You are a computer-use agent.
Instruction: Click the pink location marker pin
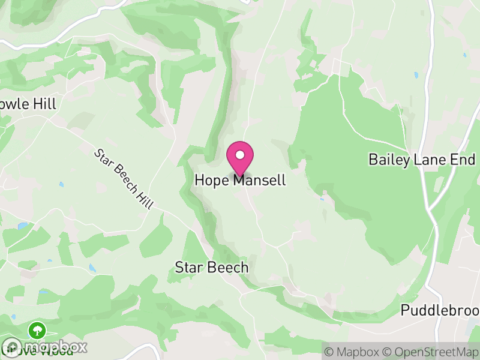click(x=240, y=158)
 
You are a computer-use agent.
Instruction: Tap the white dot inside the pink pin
click(x=240, y=155)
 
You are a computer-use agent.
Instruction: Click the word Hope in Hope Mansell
click(x=212, y=180)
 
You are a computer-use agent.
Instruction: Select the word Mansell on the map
click(x=260, y=180)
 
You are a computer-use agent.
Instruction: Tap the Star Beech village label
click(x=211, y=268)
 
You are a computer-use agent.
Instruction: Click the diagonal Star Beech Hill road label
click(x=124, y=179)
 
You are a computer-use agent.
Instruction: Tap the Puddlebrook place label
click(x=440, y=311)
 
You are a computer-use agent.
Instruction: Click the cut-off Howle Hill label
click(x=28, y=104)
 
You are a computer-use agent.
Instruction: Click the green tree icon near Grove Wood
click(x=38, y=329)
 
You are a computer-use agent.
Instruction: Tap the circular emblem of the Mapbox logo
click(x=12, y=347)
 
